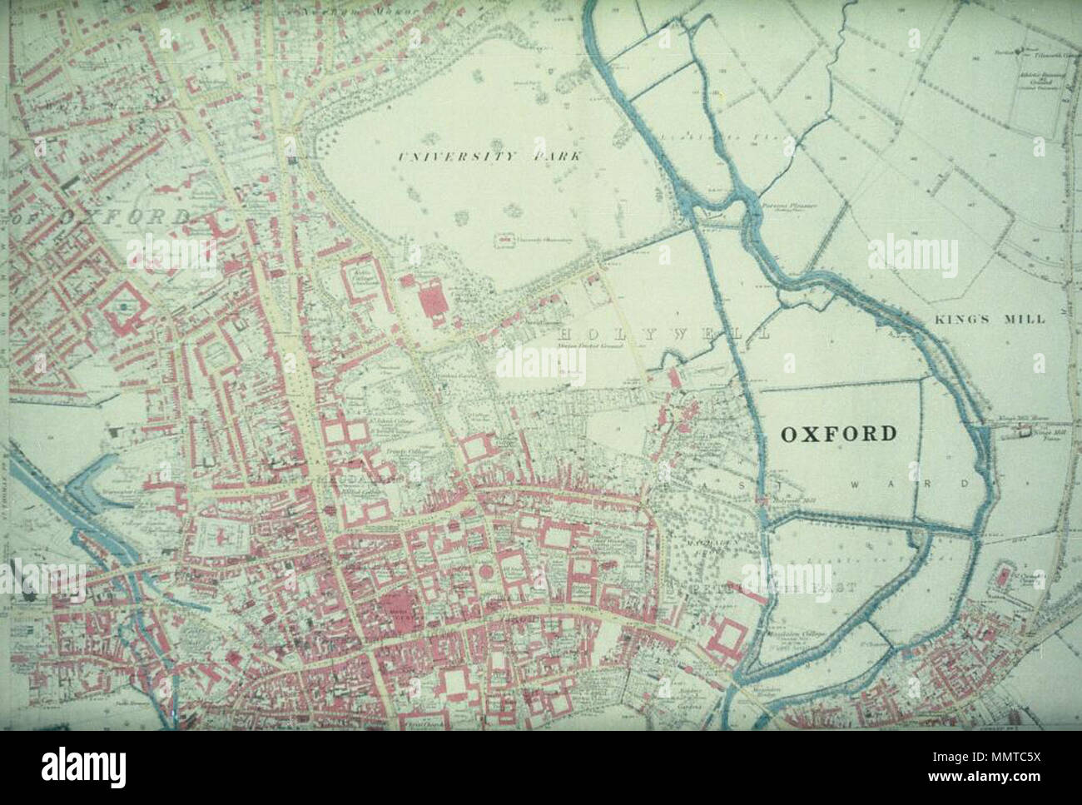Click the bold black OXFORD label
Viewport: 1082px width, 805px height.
pos(838,433)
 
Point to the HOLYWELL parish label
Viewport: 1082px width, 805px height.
pos(662,334)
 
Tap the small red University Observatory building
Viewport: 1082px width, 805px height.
pos(502,241)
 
